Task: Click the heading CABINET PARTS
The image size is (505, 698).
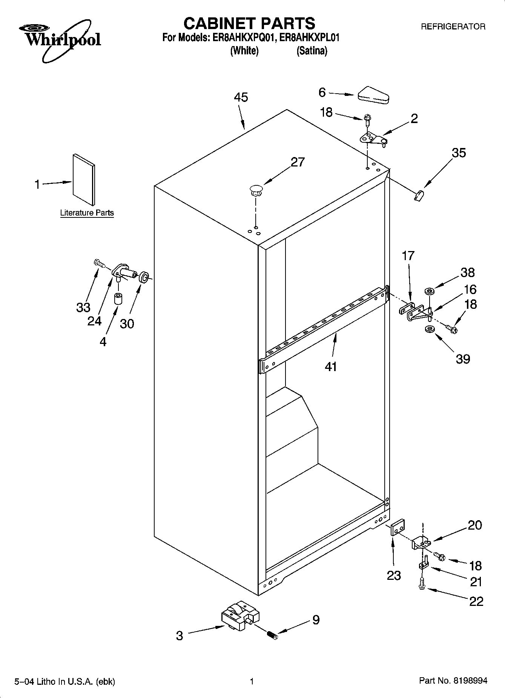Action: [x=249, y=23]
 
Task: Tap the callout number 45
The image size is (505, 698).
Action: [x=241, y=97]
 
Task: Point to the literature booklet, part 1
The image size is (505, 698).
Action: [x=84, y=179]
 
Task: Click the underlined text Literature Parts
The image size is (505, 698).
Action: [x=87, y=213]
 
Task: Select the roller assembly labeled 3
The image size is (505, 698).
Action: [x=240, y=615]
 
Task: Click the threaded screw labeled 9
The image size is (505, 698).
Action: [x=273, y=636]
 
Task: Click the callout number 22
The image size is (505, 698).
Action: [x=476, y=601]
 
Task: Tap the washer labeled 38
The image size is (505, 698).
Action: [x=429, y=291]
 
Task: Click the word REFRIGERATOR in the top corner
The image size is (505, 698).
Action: [x=453, y=27]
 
